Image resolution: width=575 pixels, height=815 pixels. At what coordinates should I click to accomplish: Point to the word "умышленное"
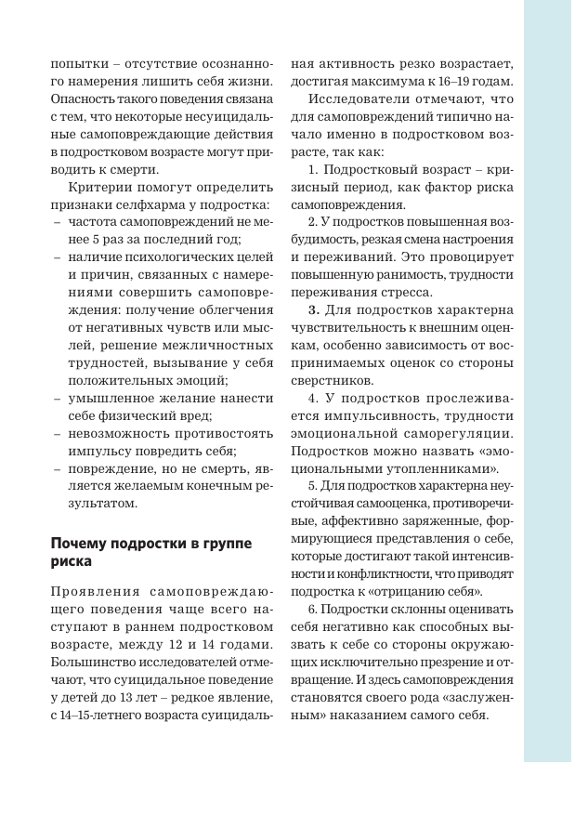click(x=111, y=398)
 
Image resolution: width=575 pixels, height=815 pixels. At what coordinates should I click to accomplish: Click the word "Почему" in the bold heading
click(x=82, y=543)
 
